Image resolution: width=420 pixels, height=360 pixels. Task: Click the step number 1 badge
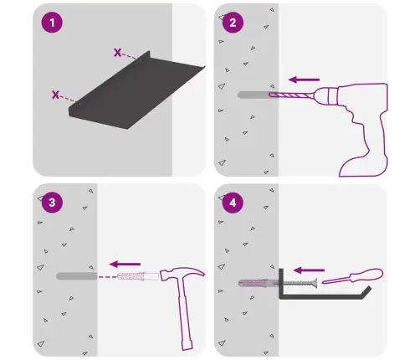(x=52, y=23)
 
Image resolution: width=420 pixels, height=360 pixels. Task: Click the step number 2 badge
(x=233, y=23)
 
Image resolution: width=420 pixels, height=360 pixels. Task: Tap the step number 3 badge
(x=52, y=203)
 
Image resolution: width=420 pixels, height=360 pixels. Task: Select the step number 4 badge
(x=233, y=203)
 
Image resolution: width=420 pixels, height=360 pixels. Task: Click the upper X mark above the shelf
(x=117, y=52)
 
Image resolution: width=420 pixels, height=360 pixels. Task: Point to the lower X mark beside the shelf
(x=55, y=95)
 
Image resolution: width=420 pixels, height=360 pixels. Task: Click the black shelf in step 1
(x=136, y=92)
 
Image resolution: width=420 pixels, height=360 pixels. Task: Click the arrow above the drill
(x=304, y=80)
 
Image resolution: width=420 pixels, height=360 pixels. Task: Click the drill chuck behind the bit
(x=325, y=95)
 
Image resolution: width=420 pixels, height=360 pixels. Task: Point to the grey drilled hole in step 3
(x=77, y=276)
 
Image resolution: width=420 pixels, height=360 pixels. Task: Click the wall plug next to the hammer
(x=138, y=276)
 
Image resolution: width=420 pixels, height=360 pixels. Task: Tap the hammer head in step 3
(x=182, y=274)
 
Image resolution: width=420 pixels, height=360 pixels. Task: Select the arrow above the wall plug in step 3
(x=125, y=264)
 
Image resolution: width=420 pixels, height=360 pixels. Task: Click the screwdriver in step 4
(x=353, y=276)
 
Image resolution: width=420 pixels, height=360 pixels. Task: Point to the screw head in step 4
(x=315, y=283)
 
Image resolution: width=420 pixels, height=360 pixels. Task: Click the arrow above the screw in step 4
(x=309, y=270)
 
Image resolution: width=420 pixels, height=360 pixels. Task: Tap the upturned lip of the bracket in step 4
(x=367, y=291)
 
